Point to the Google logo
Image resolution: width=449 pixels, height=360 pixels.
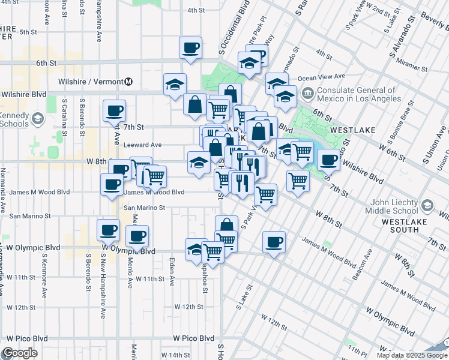pos(20,353)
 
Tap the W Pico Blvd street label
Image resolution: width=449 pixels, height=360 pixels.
pos(193,338)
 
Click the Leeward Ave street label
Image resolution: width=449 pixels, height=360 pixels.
pos(142,145)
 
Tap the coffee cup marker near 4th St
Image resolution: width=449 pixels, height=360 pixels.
pos(190,47)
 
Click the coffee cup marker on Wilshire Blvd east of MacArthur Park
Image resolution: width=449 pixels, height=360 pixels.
pos(328,160)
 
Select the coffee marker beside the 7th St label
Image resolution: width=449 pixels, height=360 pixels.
pos(114,110)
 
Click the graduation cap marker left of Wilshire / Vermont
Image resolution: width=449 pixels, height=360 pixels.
pos(175,84)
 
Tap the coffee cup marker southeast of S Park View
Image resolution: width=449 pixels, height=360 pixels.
pos(274,242)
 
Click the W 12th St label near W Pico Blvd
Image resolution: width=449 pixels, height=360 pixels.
pos(189,307)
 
